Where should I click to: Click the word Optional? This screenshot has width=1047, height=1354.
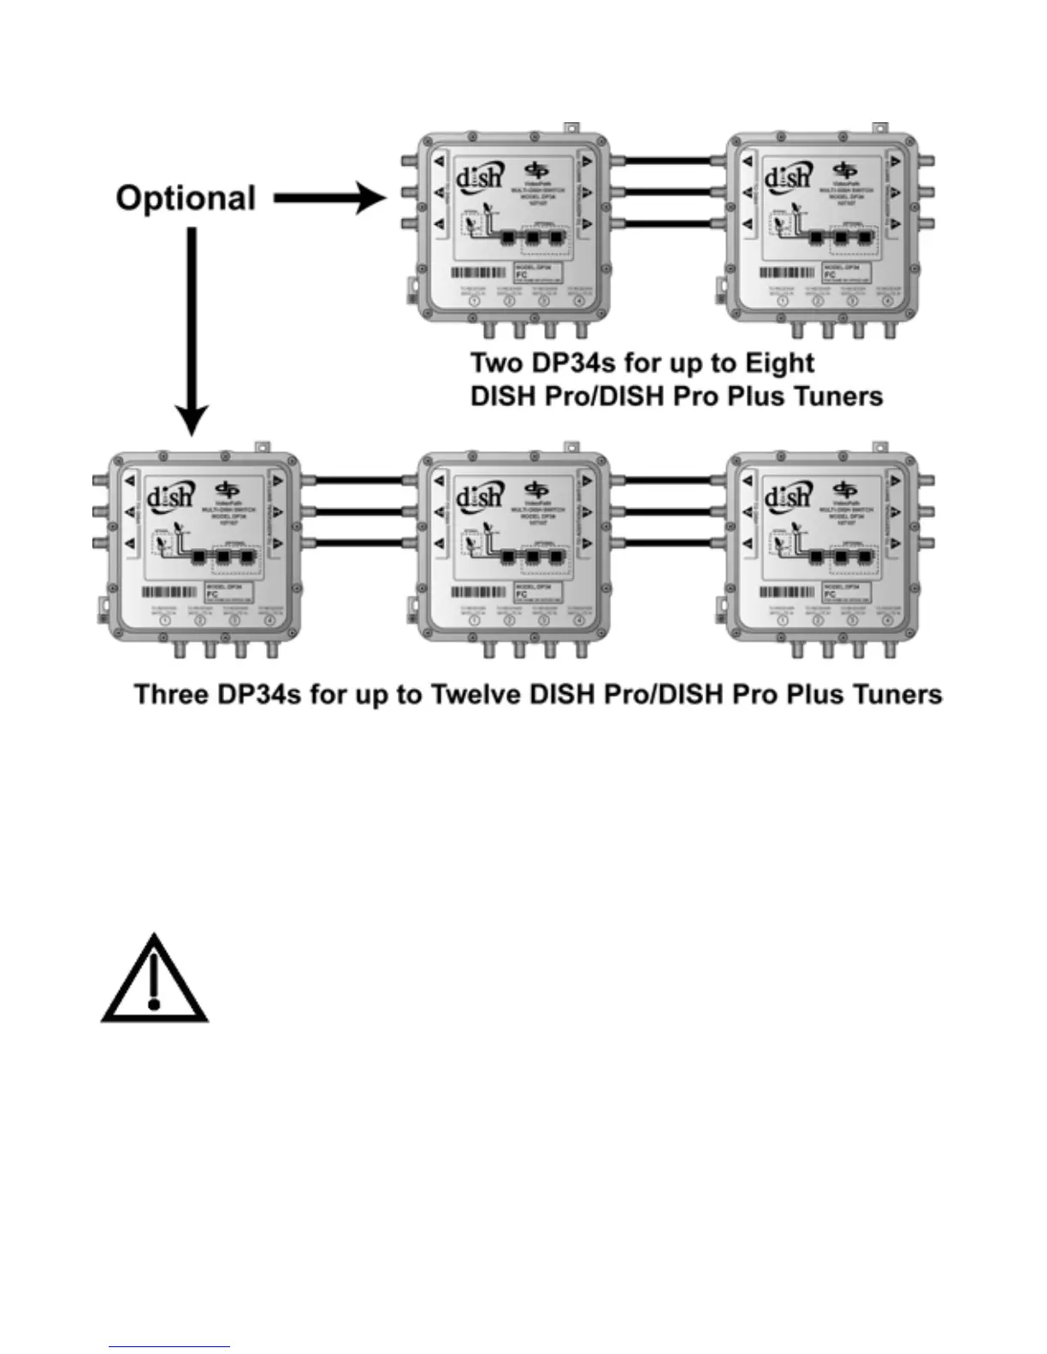coord(186,198)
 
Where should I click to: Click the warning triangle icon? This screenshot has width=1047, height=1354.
coord(154,980)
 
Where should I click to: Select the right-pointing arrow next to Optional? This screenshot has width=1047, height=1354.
coord(330,199)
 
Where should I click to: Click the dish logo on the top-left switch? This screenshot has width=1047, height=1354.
coord(478,177)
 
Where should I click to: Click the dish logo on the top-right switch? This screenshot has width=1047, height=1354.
coord(787,177)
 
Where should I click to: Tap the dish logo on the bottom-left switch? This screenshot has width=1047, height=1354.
coord(170,496)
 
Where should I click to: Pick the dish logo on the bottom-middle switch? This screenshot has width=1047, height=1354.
coord(478,496)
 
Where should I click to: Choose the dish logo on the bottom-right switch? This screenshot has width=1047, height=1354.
coord(787,496)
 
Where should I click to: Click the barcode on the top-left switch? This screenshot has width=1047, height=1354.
coord(478,274)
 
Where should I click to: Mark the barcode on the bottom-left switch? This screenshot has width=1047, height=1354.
coord(170,592)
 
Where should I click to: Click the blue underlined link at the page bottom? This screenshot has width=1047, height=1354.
coord(169,1346)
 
